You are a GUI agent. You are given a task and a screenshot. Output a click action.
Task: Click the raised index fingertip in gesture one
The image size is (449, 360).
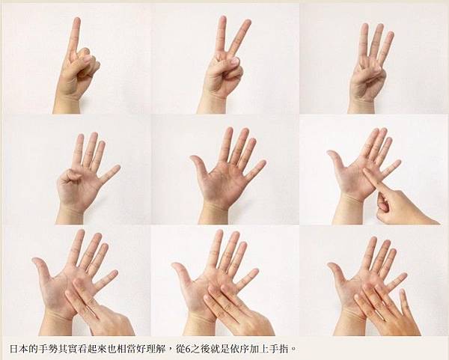76,21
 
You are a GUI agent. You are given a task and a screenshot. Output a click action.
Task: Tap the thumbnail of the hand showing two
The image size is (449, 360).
235,61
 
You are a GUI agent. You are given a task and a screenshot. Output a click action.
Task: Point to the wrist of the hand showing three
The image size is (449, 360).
361,106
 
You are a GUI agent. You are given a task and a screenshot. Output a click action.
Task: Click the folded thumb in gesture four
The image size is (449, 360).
70,175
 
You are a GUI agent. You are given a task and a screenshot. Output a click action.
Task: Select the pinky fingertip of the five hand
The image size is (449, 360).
263,163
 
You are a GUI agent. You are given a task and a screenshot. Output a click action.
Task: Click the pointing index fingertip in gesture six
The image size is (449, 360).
366,171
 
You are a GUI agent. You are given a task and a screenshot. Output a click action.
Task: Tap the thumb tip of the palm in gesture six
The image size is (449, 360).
330,153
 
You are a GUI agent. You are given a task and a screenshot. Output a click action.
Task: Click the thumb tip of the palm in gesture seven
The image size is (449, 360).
35,260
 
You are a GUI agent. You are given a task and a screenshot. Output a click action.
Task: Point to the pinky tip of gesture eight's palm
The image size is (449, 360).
255,272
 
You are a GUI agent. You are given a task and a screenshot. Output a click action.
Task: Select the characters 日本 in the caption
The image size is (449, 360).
19,349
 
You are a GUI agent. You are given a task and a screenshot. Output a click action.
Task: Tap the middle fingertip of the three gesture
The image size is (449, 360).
379,27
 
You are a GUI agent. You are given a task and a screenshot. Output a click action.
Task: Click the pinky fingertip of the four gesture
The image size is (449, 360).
117,168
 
